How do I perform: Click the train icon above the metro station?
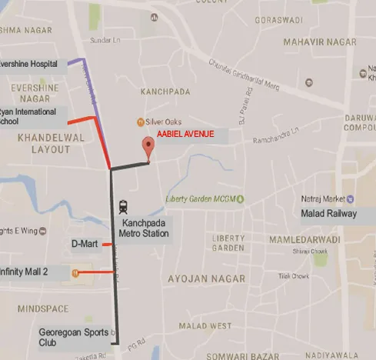123,206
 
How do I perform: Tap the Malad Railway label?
330,214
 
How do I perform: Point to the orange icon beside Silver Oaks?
141,122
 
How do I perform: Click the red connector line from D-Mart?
108,244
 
